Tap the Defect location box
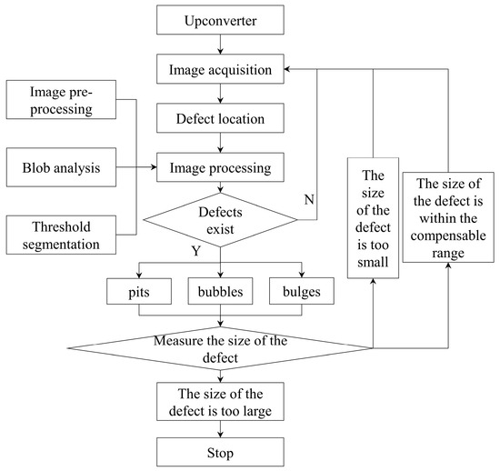click(221, 117)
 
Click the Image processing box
click(221, 168)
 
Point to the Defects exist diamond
click(221, 219)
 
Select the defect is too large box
click(221, 402)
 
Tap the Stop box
click(221, 452)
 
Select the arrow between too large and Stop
click(221, 430)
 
